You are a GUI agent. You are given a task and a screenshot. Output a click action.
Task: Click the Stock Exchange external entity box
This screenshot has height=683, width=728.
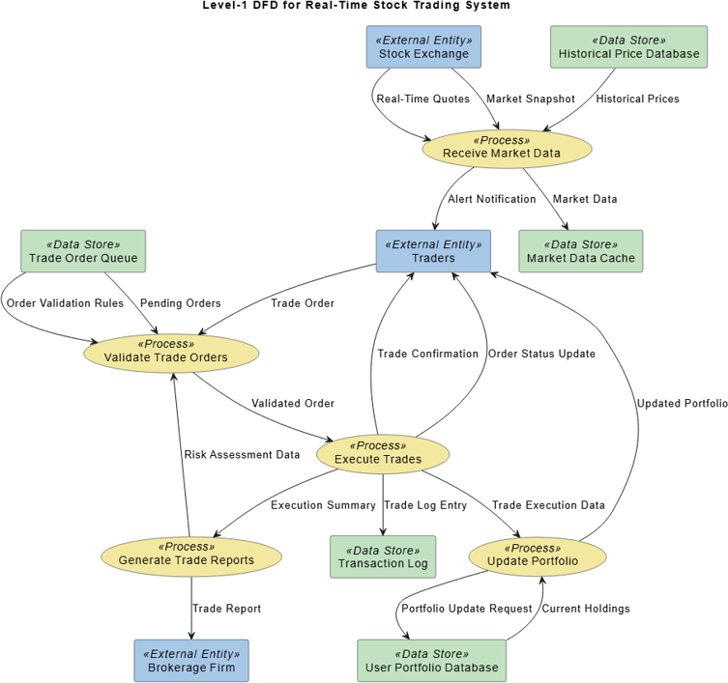tap(423, 47)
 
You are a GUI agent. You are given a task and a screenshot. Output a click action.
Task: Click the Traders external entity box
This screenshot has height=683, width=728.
tap(433, 251)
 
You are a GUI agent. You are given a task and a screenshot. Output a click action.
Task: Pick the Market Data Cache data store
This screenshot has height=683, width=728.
tap(580, 251)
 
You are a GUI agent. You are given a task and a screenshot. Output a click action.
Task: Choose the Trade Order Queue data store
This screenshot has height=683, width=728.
tap(83, 251)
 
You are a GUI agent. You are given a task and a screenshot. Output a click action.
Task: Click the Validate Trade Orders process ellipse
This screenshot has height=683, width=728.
tap(171, 352)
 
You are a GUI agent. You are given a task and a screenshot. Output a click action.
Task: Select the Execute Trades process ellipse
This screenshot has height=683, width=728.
tap(383, 453)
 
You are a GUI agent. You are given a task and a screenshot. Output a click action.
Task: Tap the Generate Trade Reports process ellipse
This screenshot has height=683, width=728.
tap(191, 555)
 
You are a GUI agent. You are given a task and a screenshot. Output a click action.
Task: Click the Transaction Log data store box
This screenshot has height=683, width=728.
tap(383, 556)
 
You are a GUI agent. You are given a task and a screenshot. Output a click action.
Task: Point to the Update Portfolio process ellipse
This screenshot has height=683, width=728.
tap(538, 555)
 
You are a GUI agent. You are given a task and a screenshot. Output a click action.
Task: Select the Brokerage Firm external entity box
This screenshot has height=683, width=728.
tap(191, 661)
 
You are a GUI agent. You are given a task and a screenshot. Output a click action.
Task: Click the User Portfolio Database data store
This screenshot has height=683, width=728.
tap(431, 661)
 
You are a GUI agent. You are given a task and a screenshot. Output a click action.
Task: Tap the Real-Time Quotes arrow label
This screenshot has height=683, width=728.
tap(422, 99)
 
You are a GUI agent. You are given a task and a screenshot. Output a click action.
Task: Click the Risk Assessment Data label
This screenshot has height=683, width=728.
tap(242, 454)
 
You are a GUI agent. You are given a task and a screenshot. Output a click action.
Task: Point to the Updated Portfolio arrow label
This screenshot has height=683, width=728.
tap(682, 404)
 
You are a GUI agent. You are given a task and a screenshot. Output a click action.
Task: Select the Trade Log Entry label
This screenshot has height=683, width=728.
tap(425, 505)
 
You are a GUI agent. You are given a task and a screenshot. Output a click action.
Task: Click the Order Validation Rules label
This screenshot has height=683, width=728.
tap(65, 303)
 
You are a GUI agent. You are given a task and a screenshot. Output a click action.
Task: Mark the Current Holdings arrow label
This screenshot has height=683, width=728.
tap(585, 609)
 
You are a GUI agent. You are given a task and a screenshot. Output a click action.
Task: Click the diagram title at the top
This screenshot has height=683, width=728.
tap(356, 6)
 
